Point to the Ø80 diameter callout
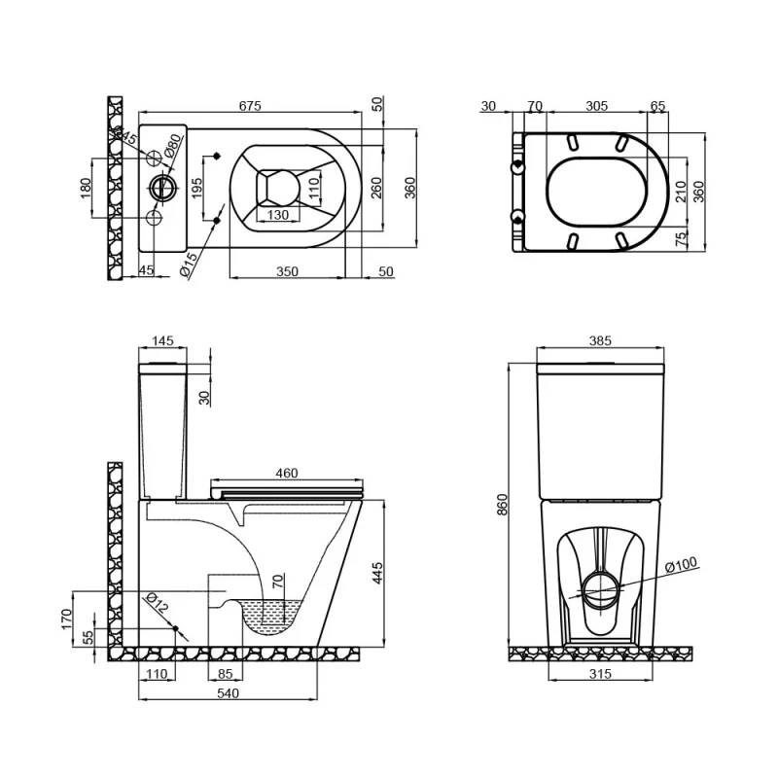[171, 147]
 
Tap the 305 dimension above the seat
[597, 106]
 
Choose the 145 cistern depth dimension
[163, 341]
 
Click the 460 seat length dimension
[287, 474]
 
